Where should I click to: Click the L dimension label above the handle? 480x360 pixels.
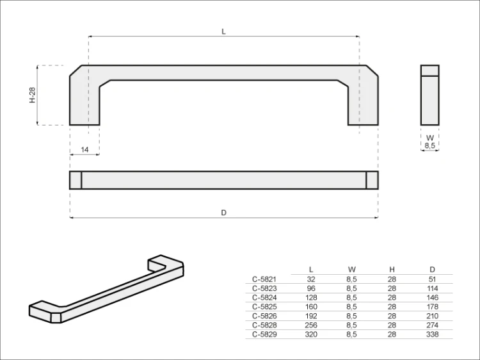(x=223, y=31)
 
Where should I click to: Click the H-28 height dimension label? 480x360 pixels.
(x=31, y=95)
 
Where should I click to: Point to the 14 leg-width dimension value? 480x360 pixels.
(x=84, y=149)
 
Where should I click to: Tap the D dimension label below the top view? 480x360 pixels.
(x=223, y=212)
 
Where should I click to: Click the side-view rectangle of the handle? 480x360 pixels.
(x=430, y=95)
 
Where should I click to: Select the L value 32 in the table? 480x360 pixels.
(x=311, y=279)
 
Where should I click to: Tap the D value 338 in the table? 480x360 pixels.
(x=433, y=334)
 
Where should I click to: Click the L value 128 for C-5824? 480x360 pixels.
(x=311, y=297)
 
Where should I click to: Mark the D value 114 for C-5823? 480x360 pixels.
(x=433, y=288)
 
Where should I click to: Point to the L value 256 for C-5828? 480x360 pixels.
(x=311, y=325)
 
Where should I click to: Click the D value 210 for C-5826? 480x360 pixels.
(x=433, y=316)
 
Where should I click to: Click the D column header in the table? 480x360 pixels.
(x=433, y=269)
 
